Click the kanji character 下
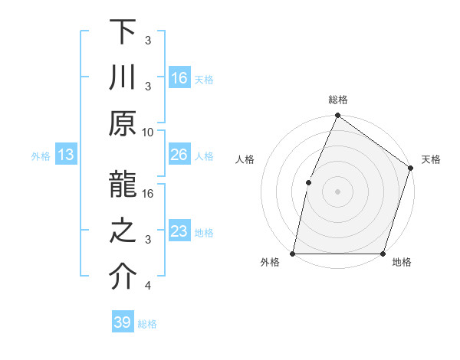(122, 32)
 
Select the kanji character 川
(122, 77)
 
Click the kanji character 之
(122, 231)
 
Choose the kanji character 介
(122, 277)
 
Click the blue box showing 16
(179, 77)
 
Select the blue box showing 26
(179, 155)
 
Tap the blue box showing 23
(179, 231)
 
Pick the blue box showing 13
(66, 155)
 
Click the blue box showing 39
(122, 322)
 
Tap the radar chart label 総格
(337, 100)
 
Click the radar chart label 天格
(431, 159)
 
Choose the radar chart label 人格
(245, 159)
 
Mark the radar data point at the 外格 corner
(293, 253)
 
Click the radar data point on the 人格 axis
(309, 182)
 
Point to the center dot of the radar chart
(337, 191)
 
